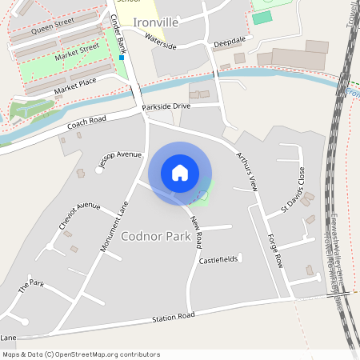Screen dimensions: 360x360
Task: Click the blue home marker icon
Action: pos(180,173)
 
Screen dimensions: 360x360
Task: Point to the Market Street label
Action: pos(77,54)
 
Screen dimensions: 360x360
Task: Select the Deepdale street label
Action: pos(229,39)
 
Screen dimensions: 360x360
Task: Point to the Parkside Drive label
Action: pos(166,106)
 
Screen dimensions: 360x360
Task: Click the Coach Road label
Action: pos(87,121)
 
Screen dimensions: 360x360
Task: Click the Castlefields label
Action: pos(218,261)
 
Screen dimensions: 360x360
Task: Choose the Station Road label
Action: pos(174,318)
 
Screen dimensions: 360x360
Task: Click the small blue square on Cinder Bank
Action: pos(122,58)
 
